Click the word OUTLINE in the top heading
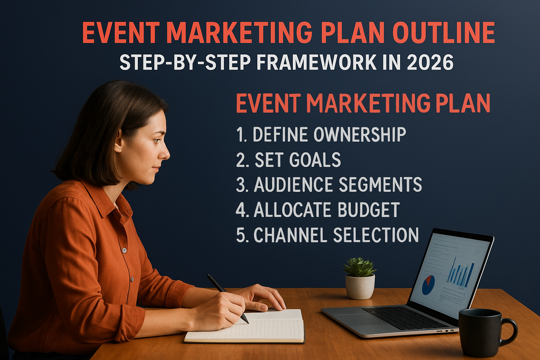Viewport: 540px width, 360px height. (x=443, y=33)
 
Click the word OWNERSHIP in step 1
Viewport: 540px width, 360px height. (x=359, y=134)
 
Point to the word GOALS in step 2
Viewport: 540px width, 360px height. (x=315, y=160)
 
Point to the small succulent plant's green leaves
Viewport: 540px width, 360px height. (x=359, y=267)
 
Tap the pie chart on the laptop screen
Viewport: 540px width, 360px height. (x=428, y=285)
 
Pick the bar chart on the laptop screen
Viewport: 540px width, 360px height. (x=461, y=272)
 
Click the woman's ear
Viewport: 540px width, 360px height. (x=119, y=143)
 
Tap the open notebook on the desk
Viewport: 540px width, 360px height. (x=246, y=327)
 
